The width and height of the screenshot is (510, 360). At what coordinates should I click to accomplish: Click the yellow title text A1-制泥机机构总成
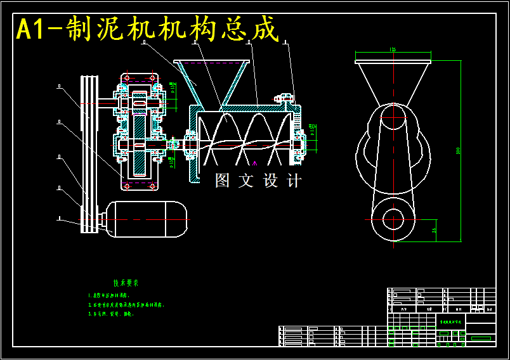pos(147,29)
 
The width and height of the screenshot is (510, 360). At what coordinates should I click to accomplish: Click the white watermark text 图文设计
pos(258,181)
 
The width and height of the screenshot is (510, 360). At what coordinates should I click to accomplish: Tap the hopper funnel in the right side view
pos(393,82)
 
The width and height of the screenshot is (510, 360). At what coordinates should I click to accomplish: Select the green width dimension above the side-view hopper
pos(393,50)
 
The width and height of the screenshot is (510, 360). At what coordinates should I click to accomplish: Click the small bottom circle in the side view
pos(393,219)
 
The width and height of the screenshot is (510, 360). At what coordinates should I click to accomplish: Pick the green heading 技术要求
pos(126,283)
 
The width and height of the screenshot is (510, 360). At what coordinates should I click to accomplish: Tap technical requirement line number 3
pos(112,314)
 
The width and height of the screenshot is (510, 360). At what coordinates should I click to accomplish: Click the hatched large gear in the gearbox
pos(140,146)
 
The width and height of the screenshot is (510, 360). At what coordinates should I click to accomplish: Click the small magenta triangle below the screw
pos(253,164)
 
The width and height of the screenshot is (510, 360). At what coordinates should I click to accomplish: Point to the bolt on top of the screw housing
pos(279,98)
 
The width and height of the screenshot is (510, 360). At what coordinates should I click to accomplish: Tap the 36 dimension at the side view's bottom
pos(434,230)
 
